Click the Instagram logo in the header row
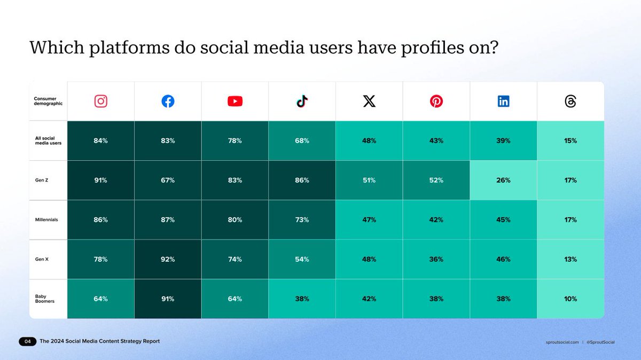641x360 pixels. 100,101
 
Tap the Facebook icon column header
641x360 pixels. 168,101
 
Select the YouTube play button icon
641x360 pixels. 235,101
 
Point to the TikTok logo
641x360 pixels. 302,101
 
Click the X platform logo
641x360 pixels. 369,101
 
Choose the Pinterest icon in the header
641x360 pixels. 436,101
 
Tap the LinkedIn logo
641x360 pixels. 503,101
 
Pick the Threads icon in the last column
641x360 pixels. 570,101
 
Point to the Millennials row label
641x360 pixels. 46,220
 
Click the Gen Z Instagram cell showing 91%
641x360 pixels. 100,181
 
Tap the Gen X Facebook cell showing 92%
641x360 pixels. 168,260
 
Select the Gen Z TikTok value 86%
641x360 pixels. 302,181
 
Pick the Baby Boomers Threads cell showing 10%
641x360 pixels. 570,299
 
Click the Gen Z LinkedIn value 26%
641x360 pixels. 503,181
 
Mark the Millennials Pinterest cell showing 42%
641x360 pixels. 436,220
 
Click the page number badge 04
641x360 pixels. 27,341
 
